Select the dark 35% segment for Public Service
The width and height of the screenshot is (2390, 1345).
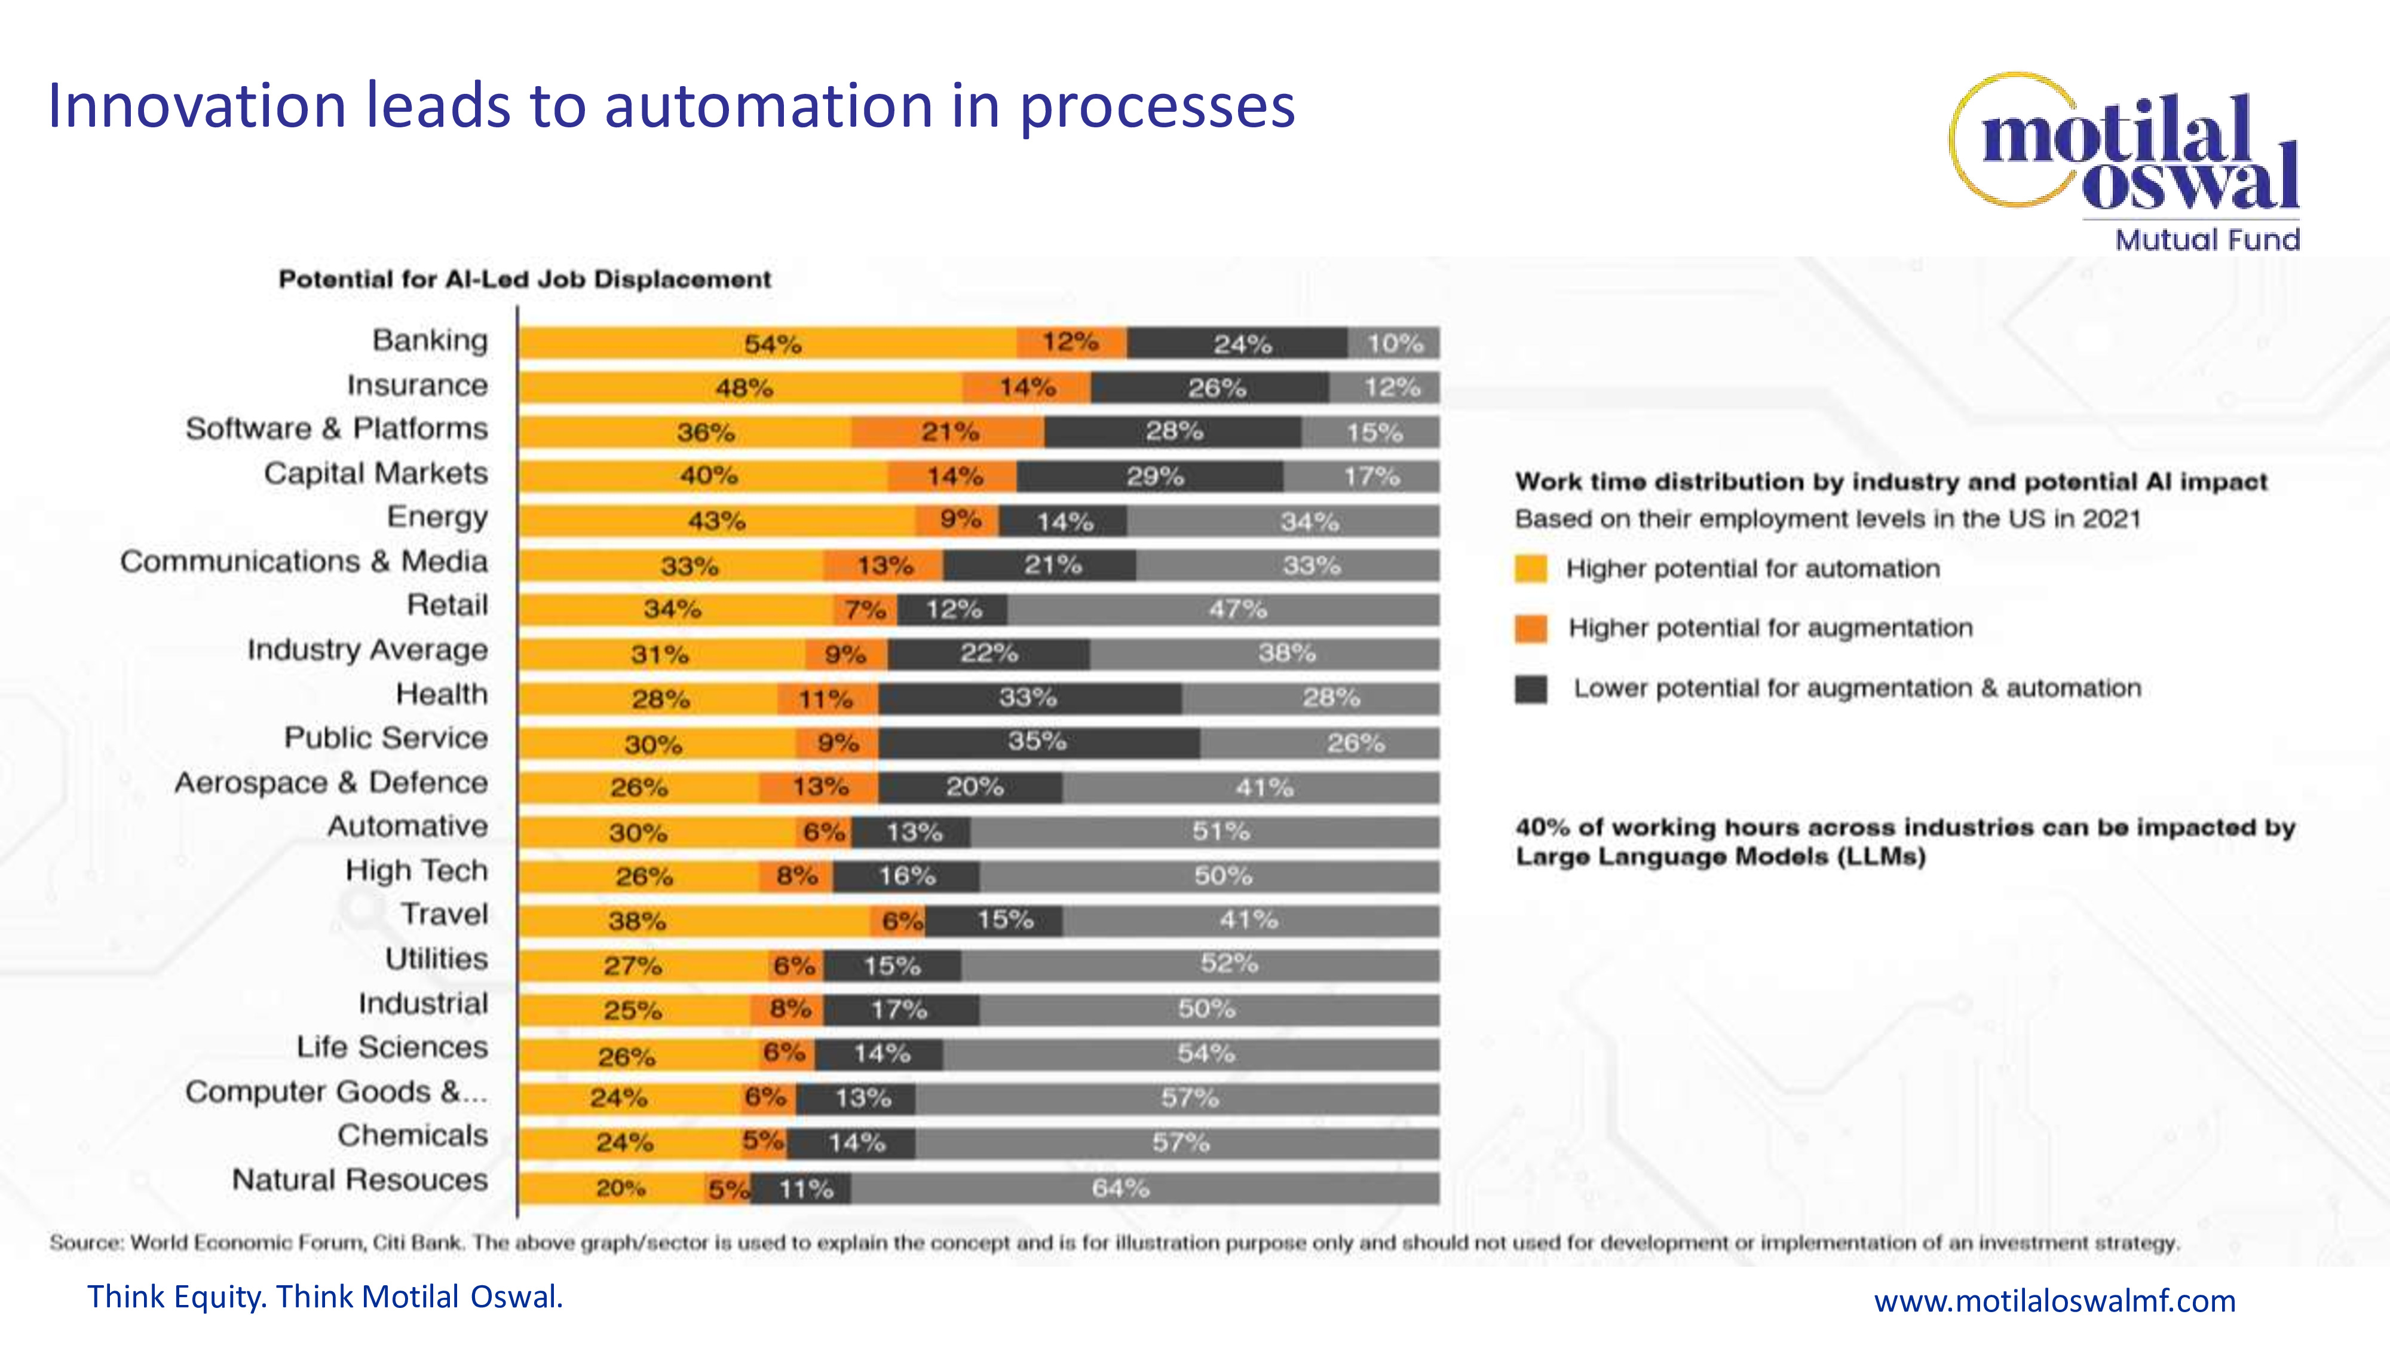pos(1038,742)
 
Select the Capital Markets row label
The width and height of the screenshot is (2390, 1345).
pos(376,473)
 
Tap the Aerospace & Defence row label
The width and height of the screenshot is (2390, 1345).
pos(331,782)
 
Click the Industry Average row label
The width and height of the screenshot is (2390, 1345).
pos(367,650)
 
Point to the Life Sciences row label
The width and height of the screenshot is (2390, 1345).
pos(391,1047)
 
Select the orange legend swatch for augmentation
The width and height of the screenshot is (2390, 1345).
pos(1531,628)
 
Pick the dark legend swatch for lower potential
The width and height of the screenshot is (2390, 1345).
pos(1531,689)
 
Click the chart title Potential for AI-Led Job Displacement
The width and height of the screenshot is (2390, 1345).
pos(525,279)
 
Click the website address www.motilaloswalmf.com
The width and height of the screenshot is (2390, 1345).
pos(2054,1300)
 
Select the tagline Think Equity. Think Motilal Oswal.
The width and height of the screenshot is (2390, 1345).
pos(324,1297)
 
